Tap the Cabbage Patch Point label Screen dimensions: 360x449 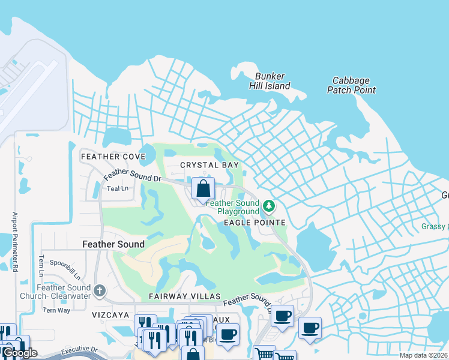[351, 85]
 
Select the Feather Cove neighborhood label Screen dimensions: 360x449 [113, 157]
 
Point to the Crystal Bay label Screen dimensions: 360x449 [210, 165]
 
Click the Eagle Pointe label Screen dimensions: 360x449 [255, 223]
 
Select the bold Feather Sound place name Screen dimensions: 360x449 [113, 244]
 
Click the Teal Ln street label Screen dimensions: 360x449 [118, 188]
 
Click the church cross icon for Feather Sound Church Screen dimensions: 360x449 [100, 291]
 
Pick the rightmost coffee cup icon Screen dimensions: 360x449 [310, 328]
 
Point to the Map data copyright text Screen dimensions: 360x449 [423, 355]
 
